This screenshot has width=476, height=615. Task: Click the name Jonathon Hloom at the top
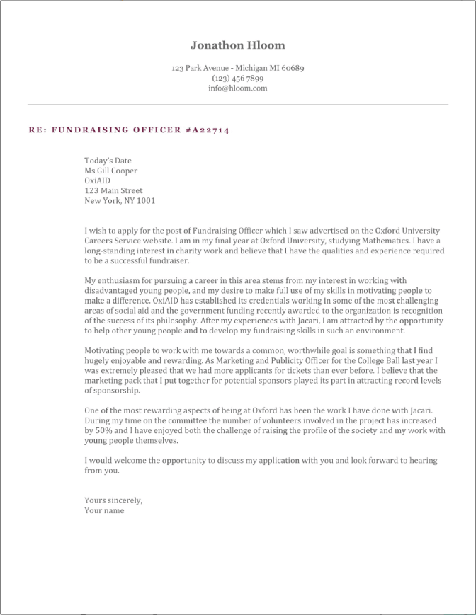click(237, 45)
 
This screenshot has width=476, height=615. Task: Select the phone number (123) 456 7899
click(237, 79)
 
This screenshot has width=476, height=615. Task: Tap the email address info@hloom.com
click(237, 88)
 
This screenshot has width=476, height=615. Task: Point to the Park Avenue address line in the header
click(237, 69)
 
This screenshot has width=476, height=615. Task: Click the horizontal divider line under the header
click(237, 105)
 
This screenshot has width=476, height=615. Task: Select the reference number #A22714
click(207, 130)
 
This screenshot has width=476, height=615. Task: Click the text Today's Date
click(108, 161)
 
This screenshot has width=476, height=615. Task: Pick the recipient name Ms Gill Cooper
click(110, 171)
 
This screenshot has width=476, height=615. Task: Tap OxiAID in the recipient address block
click(98, 180)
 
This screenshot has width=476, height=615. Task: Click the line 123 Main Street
click(113, 190)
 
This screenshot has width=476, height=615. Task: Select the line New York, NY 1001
click(119, 200)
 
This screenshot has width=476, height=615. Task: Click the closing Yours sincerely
click(113, 500)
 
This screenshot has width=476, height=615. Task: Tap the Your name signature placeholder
click(104, 510)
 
